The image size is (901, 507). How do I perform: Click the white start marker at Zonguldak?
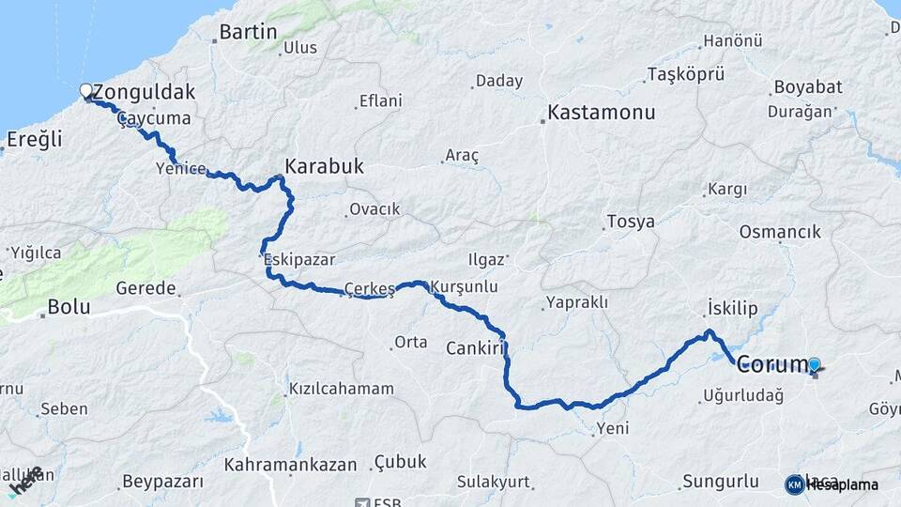click(x=86, y=91)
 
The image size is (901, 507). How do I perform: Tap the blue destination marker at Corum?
click(x=814, y=365)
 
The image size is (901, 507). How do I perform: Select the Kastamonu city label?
click(x=602, y=113)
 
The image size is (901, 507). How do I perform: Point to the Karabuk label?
click(x=324, y=166)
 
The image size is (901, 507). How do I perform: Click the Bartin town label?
click(x=244, y=33)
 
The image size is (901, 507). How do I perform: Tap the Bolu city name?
click(x=69, y=306)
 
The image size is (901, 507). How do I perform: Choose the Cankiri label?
click(x=476, y=347)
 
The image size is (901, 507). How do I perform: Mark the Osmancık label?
click(x=780, y=231)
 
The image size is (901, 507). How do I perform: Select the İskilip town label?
click(x=731, y=309)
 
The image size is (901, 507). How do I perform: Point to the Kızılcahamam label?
click(x=341, y=388)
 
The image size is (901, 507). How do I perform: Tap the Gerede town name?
click(x=146, y=288)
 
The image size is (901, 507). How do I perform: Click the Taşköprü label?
click(x=687, y=74)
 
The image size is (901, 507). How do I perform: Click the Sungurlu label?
click(x=720, y=482)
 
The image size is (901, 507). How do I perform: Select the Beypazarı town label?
click(x=162, y=482)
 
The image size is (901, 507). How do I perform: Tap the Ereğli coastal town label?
click(x=34, y=140)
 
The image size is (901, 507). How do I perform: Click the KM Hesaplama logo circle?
click(x=795, y=484)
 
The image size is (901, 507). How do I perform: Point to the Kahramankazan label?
click(x=291, y=464)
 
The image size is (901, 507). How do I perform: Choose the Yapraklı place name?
click(x=575, y=302)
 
